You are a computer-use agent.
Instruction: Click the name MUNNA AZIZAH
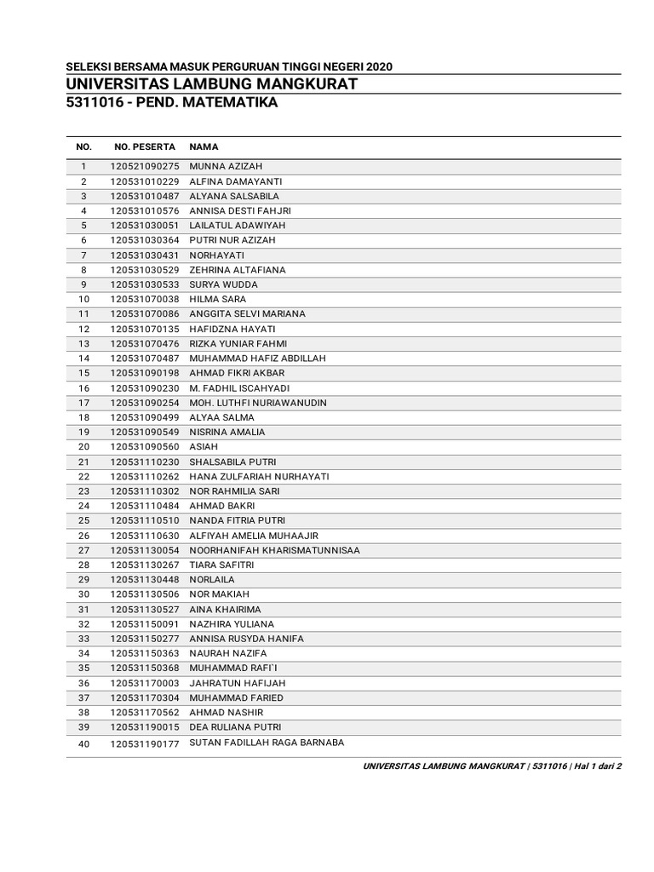tap(226, 167)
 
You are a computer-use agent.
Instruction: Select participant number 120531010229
tap(144, 181)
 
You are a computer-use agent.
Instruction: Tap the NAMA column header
tap(204, 146)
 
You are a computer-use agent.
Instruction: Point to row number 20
tap(83, 447)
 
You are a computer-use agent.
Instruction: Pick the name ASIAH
tap(204, 447)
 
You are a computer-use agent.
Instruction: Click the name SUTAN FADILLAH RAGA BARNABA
tap(267, 743)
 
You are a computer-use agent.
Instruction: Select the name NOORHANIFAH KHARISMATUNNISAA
tap(274, 550)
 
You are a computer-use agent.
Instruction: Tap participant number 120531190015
tap(144, 727)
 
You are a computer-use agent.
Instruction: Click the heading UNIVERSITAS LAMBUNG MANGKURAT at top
tap(211, 83)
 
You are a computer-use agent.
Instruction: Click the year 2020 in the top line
tap(378, 67)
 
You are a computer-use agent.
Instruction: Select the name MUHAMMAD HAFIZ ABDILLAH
tap(257, 359)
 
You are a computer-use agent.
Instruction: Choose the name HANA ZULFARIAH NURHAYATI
tap(259, 476)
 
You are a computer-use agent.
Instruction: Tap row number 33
tap(83, 639)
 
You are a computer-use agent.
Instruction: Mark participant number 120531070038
tap(144, 300)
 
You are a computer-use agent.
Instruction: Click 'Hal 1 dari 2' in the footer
tap(597, 766)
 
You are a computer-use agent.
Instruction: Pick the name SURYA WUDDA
tap(223, 284)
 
